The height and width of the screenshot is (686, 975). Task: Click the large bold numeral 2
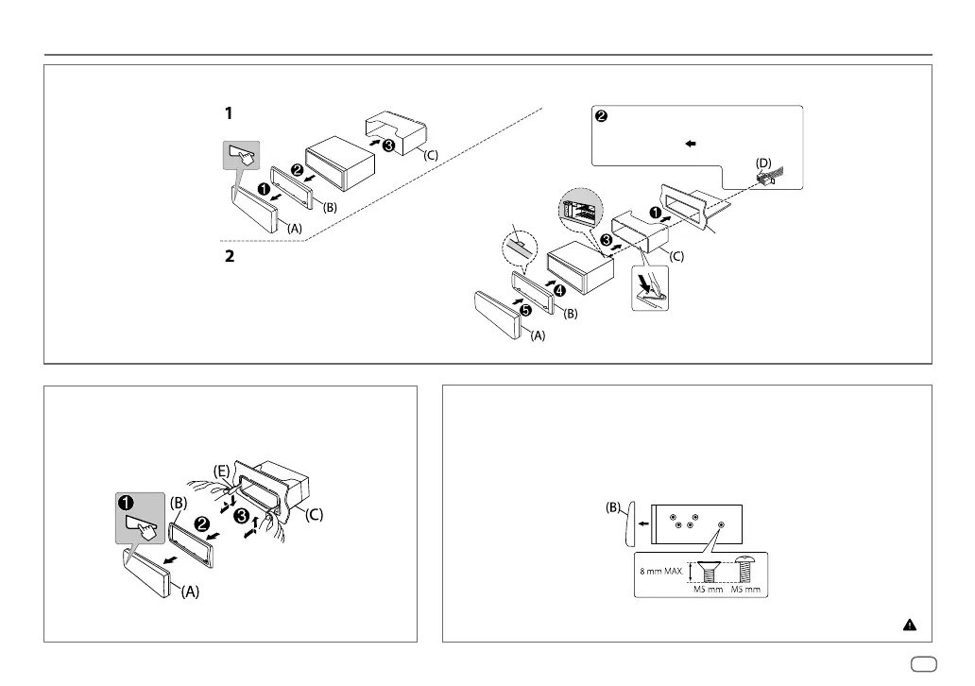[x=228, y=256]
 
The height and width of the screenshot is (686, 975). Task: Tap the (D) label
[x=763, y=163]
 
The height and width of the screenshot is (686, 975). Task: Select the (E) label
[x=220, y=470]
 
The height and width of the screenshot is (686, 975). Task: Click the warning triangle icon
[x=908, y=625]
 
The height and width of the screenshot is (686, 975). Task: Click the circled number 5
[x=525, y=309]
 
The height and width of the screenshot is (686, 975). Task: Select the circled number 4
[x=559, y=289]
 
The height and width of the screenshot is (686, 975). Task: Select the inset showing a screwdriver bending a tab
[x=650, y=288]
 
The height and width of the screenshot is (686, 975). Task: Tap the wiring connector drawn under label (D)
[x=767, y=179]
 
